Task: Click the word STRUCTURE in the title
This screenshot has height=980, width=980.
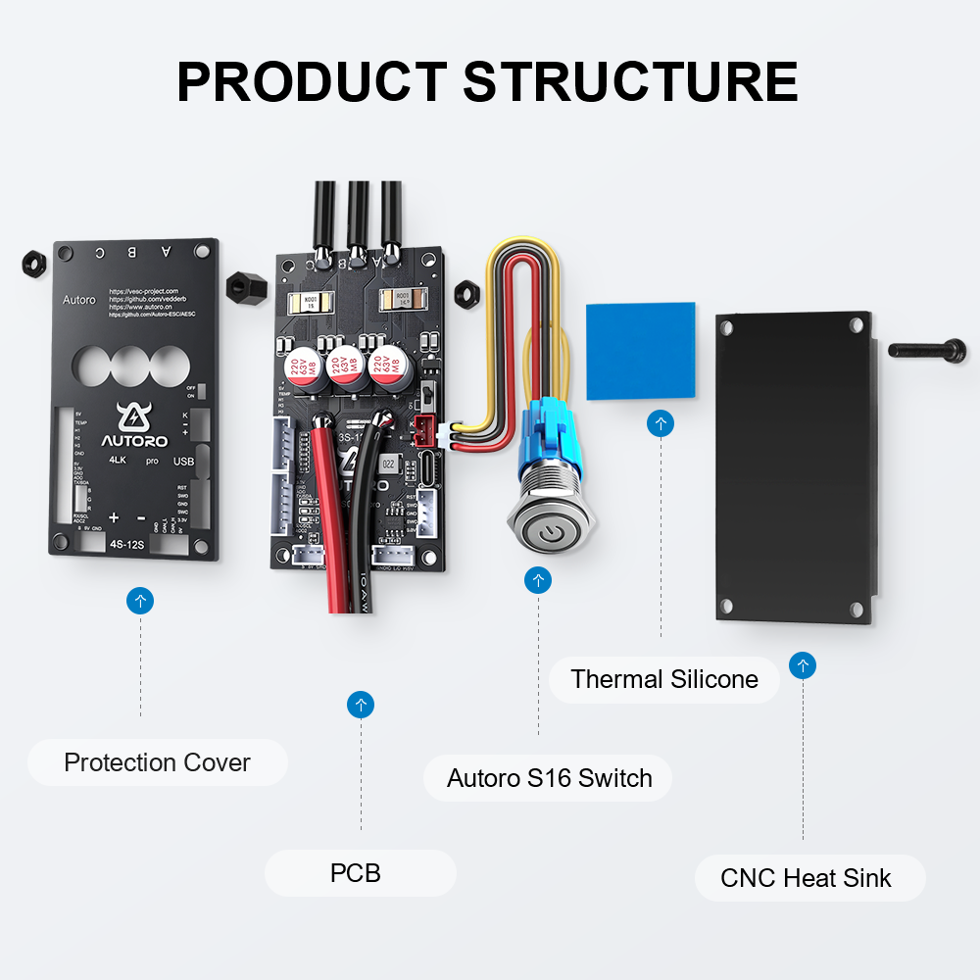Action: pyautogui.click(x=630, y=81)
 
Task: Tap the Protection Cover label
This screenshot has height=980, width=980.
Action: pyautogui.click(x=157, y=762)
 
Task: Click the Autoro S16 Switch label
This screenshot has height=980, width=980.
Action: pyautogui.click(x=549, y=778)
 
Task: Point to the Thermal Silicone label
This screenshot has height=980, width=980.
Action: pyautogui.click(x=664, y=679)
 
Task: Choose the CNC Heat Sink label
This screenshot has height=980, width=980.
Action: pyautogui.click(x=807, y=877)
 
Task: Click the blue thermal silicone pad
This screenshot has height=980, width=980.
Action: pyautogui.click(x=640, y=351)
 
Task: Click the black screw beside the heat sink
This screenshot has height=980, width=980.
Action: pyautogui.click(x=927, y=349)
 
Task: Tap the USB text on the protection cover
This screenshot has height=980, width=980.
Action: pyautogui.click(x=184, y=461)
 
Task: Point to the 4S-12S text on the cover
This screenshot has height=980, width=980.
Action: pyautogui.click(x=127, y=543)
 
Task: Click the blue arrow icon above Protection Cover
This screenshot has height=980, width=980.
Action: pyautogui.click(x=140, y=601)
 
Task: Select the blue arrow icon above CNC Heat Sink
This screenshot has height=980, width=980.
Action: pyautogui.click(x=803, y=666)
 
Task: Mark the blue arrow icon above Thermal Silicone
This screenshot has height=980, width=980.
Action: pyautogui.click(x=661, y=423)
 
